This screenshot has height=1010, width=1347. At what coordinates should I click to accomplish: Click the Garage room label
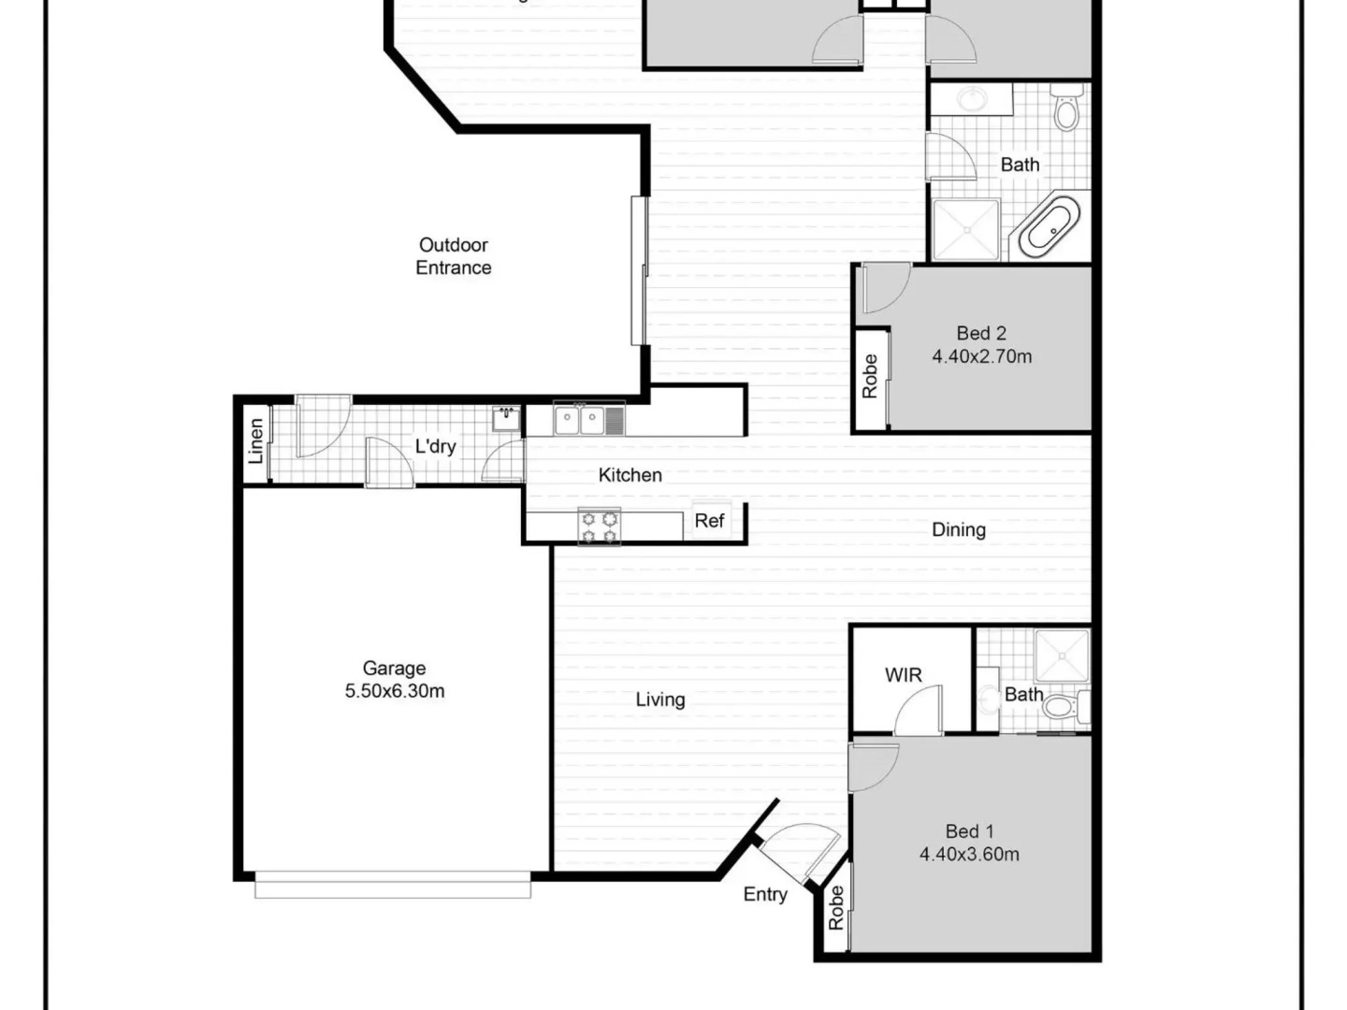pyautogui.click(x=394, y=669)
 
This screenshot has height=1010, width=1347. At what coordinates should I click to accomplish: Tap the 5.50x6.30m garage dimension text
pyautogui.click(x=395, y=691)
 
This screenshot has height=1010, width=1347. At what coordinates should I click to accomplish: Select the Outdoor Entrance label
pyautogui.click(x=454, y=256)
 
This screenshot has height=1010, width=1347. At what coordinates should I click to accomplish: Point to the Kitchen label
pyautogui.click(x=630, y=475)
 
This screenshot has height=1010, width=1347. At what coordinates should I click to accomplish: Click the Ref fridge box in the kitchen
pyautogui.click(x=711, y=520)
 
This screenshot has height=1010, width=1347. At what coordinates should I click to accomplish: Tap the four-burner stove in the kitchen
pyautogui.click(x=599, y=527)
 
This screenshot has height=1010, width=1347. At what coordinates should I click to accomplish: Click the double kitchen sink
pyautogui.click(x=580, y=421)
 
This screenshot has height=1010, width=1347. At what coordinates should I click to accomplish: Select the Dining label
pyautogui.click(x=959, y=530)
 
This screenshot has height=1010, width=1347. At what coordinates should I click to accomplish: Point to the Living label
pyautogui.click(x=660, y=700)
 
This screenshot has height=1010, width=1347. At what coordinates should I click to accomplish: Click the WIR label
pyautogui.click(x=904, y=675)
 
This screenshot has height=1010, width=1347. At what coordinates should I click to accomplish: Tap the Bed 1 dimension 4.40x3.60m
pyautogui.click(x=969, y=854)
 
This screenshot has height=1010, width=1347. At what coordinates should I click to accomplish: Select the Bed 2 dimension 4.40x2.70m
pyautogui.click(x=982, y=356)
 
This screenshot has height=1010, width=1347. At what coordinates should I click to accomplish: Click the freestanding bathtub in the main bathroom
pyautogui.click(x=1050, y=227)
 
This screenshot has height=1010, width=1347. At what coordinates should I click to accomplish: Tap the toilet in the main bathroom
pyautogui.click(x=1066, y=108)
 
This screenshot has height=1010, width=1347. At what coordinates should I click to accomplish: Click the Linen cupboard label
pyautogui.click(x=256, y=440)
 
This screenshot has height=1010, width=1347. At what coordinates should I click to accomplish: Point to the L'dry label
pyautogui.click(x=436, y=446)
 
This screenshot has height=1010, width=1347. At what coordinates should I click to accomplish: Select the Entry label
pyautogui.click(x=765, y=895)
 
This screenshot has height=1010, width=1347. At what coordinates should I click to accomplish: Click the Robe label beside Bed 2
pyautogui.click(x=870, y=377)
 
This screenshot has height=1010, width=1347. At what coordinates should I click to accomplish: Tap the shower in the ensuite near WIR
pyautogui.click(x=1063, y=656)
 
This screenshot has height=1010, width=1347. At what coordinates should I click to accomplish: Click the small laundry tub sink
pyautogui.click(x=506, y=419)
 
